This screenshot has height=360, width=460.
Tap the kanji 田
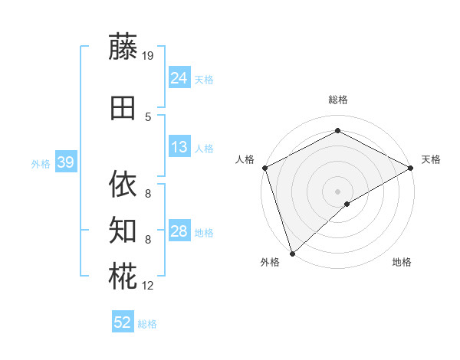click(123, 109)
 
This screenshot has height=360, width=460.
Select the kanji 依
click(123, 184)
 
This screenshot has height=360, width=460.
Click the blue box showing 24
click(179, 77)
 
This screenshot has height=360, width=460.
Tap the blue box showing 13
click(179, 147)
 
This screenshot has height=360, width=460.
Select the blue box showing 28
click(179, 231)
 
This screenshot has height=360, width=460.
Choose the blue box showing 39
click(65, 162)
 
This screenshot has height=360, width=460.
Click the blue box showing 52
click(123, 322)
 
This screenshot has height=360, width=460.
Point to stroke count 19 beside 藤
click(149, 55)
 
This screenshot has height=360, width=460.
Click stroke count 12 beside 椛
click(149, 286)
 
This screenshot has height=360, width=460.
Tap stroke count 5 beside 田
click(148, 116)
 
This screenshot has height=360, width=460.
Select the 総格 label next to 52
click(147, 324)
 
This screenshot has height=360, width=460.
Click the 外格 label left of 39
click(40, 163)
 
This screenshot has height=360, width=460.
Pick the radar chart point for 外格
click(291, 253)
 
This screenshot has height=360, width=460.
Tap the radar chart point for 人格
click(264, 168)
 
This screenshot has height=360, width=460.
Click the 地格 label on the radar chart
click(402, 263)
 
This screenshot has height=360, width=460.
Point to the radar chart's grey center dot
click(337, 191)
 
